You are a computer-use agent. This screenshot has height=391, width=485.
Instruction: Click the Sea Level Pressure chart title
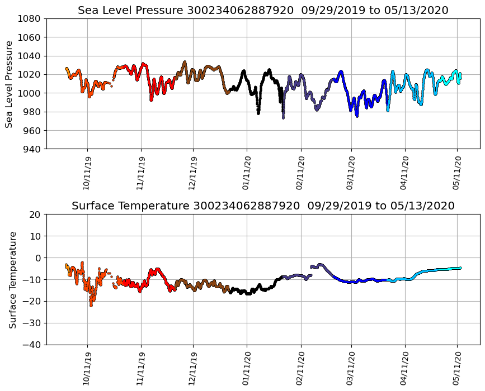point(263,10)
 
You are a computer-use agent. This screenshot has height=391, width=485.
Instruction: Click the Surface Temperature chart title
point(263,206)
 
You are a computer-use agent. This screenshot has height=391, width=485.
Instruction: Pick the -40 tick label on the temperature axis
point(31,345)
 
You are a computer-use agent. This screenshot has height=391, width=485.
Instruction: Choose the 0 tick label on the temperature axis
point(37,258)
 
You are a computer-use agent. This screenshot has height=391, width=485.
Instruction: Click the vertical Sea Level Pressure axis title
point(10,84)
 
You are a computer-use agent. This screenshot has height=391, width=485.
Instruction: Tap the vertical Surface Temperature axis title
point(12,279)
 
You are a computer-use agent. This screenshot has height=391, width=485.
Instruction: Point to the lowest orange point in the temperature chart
point(91,305)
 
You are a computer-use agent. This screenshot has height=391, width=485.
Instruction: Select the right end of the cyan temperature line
point(460,268)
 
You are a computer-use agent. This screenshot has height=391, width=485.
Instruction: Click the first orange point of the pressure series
point(67,69)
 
